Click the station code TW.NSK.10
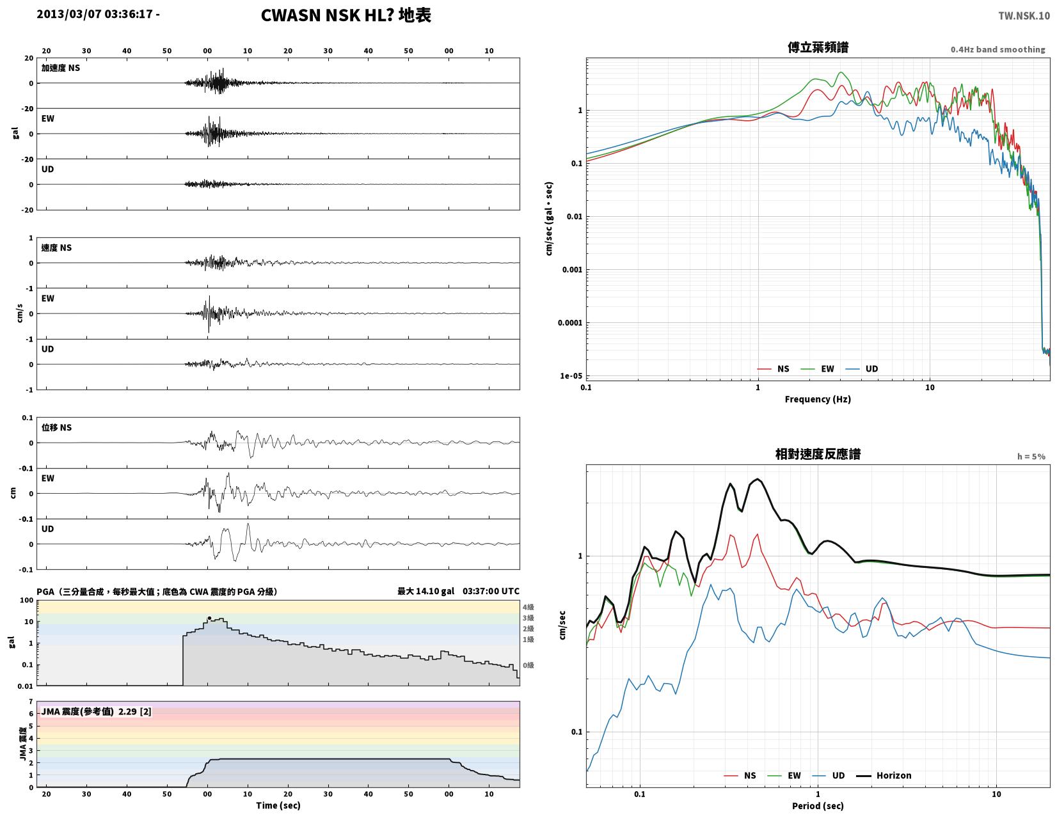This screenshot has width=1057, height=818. click(1024, 16)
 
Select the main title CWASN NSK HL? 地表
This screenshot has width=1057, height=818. click(346, 15)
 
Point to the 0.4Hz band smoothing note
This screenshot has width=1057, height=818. click(997, 50)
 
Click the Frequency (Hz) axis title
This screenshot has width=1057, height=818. click(817, 399)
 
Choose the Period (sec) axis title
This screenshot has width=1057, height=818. click(817, 806)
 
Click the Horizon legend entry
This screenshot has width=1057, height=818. click(884, 776)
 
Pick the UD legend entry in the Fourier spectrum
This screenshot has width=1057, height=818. click(862, 369)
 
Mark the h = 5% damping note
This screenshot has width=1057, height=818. click(1031, 457)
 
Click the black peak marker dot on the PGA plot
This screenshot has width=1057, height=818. click(210, 618)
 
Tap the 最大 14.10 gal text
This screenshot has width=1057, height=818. click(425, 591)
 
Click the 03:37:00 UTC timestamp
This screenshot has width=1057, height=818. click(491, 591)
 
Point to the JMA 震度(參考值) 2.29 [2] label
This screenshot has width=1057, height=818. click(97, 712)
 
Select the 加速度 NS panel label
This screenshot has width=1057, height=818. click(61, 68)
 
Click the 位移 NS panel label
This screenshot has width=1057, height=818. click(56, 427)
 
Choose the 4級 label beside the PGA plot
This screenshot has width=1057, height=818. click(528, 607)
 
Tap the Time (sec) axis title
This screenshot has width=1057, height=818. click(278, 805)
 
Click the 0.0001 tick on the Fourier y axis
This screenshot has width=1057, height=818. click(569, 323)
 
